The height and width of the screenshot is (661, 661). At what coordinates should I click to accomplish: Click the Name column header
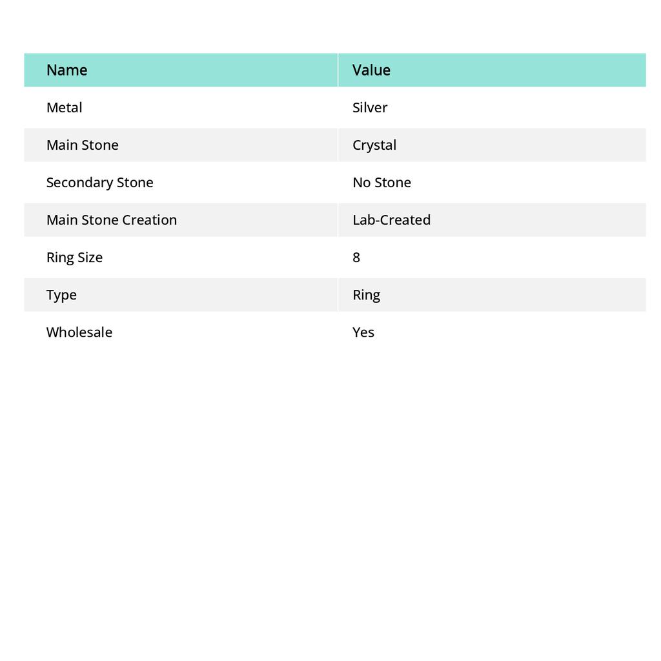coord(66,70)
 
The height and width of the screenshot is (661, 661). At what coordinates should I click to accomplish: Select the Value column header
coord(371,70)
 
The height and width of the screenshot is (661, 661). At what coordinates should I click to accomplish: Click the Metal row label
coord(64,107)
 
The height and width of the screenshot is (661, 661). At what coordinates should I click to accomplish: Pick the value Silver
coord(370,107)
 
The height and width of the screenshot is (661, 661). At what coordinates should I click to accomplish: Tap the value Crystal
coord(374,145)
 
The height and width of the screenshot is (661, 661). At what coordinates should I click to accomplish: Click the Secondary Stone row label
coord(99,182)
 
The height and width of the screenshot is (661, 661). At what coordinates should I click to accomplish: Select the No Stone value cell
coord(381,182)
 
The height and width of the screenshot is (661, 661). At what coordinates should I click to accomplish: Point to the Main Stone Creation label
coord(111,219)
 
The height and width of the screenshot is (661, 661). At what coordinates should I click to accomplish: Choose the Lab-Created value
coord(391,219)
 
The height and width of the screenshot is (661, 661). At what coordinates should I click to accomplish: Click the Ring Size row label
coord(74,257)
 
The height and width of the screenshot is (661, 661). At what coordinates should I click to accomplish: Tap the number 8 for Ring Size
coord(356,257)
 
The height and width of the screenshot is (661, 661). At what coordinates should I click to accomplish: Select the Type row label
coord(61,294)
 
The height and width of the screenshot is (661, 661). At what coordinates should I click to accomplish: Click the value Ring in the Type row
coord(366,294)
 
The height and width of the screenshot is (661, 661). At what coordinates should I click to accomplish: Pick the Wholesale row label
coord(79,332)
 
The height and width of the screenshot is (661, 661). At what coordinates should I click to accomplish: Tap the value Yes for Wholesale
coord(363,332)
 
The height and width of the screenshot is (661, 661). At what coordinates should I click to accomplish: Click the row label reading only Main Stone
coord(82,145)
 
